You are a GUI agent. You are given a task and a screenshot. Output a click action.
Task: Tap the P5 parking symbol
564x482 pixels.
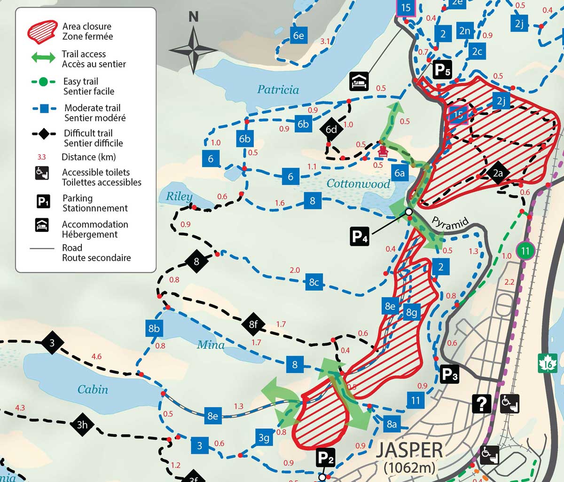(x=441, y=70)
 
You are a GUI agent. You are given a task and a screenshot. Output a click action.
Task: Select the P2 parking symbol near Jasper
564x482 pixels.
(x=325, y=458)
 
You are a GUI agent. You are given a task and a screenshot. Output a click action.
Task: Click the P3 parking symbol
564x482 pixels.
(x=449, y=375)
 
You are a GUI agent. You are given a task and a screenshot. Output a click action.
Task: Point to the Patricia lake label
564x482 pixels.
(x=278, y=89)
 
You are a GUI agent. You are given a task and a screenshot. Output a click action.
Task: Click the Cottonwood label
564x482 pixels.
(x=358, y=183)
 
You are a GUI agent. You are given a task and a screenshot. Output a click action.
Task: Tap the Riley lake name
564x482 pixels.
(x=179, y=196)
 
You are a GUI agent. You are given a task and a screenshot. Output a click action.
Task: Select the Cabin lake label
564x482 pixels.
(x=93, y=389)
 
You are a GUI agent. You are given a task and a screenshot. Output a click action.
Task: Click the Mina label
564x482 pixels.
(x=211, y=345)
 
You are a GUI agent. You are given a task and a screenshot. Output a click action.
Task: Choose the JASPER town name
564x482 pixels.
(x=409, y=450)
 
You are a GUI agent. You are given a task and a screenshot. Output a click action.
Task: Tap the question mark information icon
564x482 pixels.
(x=482, y=403)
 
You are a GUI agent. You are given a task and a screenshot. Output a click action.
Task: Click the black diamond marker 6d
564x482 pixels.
(x=331, y=129)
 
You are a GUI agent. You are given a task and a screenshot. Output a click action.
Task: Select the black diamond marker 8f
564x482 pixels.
(x=253, y=324)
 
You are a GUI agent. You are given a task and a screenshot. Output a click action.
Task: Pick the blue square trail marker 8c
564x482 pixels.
(x=314, y=282)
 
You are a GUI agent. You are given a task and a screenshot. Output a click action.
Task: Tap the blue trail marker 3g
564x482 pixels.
(x=264, y=438)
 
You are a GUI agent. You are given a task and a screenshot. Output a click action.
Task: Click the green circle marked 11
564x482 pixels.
(x=525, y=251)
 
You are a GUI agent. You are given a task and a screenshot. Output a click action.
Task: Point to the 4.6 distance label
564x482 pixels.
(x=96, y=356)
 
